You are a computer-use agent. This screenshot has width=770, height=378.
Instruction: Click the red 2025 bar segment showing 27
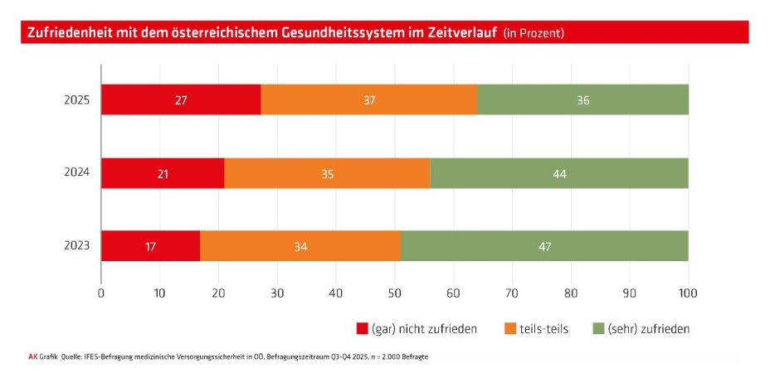coord(181,99)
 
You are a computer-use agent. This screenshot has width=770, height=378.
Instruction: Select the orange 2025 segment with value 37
coord(369,99)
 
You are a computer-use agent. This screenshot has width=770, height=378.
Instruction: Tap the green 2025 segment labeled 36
coord(582,99)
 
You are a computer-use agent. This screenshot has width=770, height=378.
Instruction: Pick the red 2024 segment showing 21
coord(163,173)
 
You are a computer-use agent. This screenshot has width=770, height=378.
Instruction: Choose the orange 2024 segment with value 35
coord(327,173)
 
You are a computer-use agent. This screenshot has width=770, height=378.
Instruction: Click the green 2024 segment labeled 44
coord(558,173)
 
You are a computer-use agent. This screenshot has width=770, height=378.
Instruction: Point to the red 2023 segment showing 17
coord(150,246)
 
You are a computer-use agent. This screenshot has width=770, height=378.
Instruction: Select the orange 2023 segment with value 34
coord(300,246)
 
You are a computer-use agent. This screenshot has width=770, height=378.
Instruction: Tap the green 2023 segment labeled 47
coord(544,246)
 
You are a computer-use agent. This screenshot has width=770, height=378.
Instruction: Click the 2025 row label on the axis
coord(77,100)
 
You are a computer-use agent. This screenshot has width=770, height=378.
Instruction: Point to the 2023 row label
coord(77,246)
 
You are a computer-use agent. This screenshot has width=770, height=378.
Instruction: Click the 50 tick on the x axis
coord(394,293)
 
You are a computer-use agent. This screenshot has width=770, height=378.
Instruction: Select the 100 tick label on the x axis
coord(688,293)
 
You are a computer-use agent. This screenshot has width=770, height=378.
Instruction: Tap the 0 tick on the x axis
coord(101,293)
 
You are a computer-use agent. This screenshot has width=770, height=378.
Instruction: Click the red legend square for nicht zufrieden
coord(361,328)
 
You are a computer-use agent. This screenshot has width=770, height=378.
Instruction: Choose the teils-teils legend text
coord(544,328)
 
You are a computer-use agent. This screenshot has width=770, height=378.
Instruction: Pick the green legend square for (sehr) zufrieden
coord(599,328)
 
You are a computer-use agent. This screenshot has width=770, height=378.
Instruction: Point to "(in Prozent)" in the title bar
coord(534,33)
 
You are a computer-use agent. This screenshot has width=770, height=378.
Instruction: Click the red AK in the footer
coord(33,356)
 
